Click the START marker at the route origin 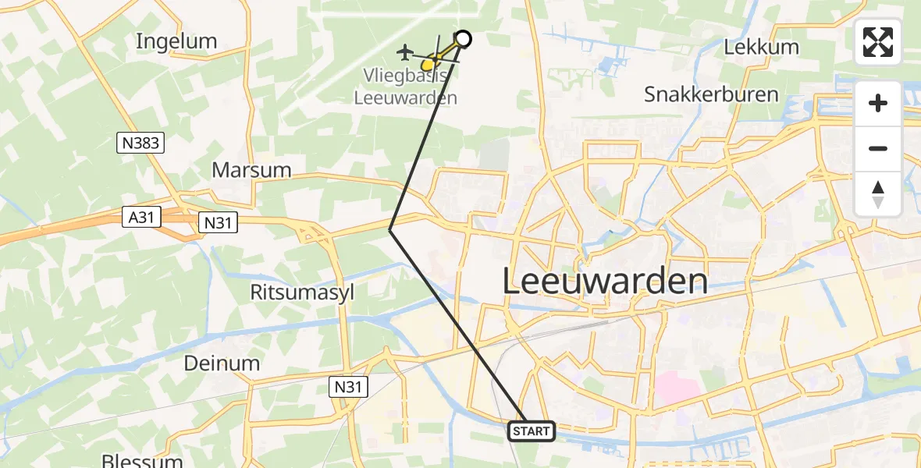tap(532, 431)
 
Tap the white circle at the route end tap(463, 39)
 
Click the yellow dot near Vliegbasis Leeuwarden tap(427, 65)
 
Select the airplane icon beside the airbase tap(404, 52)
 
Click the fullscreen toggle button tap(878, 42)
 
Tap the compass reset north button tap(878, 193)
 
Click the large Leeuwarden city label tap(605, 281)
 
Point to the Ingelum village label tap(176, 41)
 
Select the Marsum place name tap(251, 170)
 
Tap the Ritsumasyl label tap(300, 292)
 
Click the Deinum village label tap(222, 363)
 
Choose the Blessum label tap(142, 460)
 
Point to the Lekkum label tap(761, 47)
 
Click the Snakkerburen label tap(711, 94)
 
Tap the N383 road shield tap(141, 142)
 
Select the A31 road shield tap(141, 218)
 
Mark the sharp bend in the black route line tap(390, 229)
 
